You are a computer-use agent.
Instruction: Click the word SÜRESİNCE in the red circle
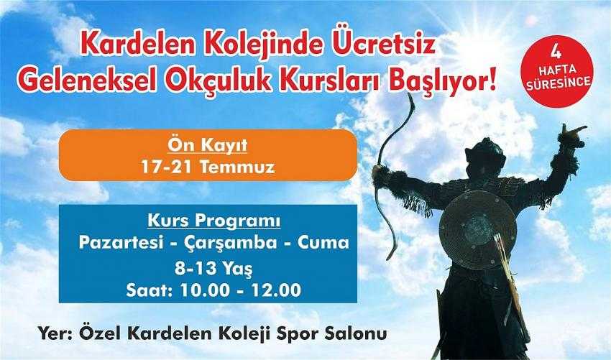click(559, 83)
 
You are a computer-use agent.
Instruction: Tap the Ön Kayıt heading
click(208, 145)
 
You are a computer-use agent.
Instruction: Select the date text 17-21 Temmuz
click(208, 167)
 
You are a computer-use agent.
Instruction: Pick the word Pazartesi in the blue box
click(121, 243)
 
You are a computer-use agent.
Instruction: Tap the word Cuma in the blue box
click(323, 243)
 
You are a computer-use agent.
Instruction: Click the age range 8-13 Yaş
click(213, 268)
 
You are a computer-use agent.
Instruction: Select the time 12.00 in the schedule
click(277, 290)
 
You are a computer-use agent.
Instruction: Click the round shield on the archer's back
click(477, 230)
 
